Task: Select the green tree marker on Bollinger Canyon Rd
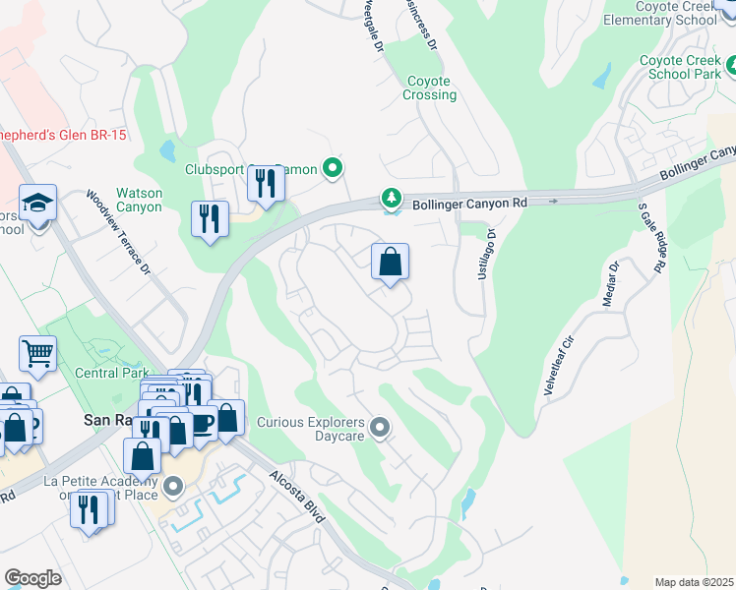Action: [x=393, y=200]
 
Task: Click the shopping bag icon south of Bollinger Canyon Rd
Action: [x=391, y=263]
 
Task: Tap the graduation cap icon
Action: [x=38, y=204]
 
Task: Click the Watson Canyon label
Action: [x=139, y=200]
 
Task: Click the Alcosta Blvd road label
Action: [x=297, y=501]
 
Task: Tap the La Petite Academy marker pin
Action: [x=174, y=487]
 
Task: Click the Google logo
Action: [x=32, y=577]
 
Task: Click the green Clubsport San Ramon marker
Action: [x=333, y=169]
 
